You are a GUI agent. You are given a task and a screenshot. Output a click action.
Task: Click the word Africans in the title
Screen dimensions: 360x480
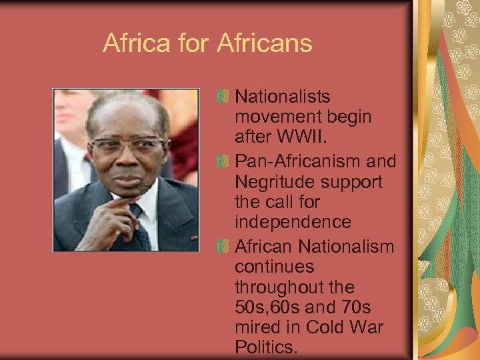coord(265,44)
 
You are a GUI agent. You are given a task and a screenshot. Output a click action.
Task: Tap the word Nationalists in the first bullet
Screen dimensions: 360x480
coord(283,98)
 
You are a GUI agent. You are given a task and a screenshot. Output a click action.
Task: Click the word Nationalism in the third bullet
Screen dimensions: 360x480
coord(346,247)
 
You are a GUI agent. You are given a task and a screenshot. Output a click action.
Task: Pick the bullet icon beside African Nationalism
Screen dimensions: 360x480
coord(224,247)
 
